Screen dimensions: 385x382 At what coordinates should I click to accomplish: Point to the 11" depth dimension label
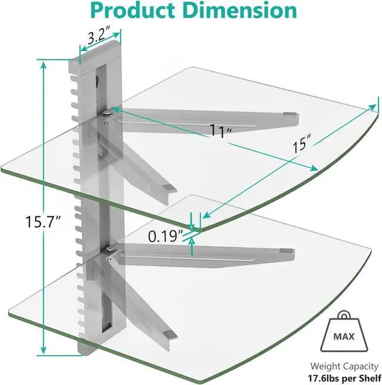[220, 132]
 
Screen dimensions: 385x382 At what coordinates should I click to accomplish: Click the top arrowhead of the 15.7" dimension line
[44, 64]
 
